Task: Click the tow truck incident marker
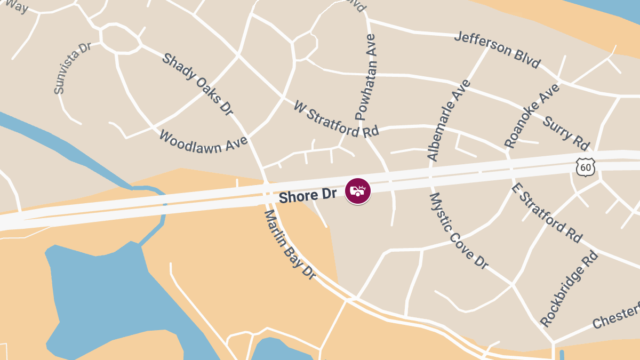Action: [358, 191]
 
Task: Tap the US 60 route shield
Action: [585, 167]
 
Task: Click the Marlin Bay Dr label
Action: [290, 244]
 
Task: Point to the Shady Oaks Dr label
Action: [198, 84]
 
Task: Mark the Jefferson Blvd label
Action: [497, 50]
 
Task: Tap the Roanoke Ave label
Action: [532, 116]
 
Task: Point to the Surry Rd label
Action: [566, 133]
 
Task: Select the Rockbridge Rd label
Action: [569, 289]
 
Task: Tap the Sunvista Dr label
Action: [73, 68]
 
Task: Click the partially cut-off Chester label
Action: [616, 317]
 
